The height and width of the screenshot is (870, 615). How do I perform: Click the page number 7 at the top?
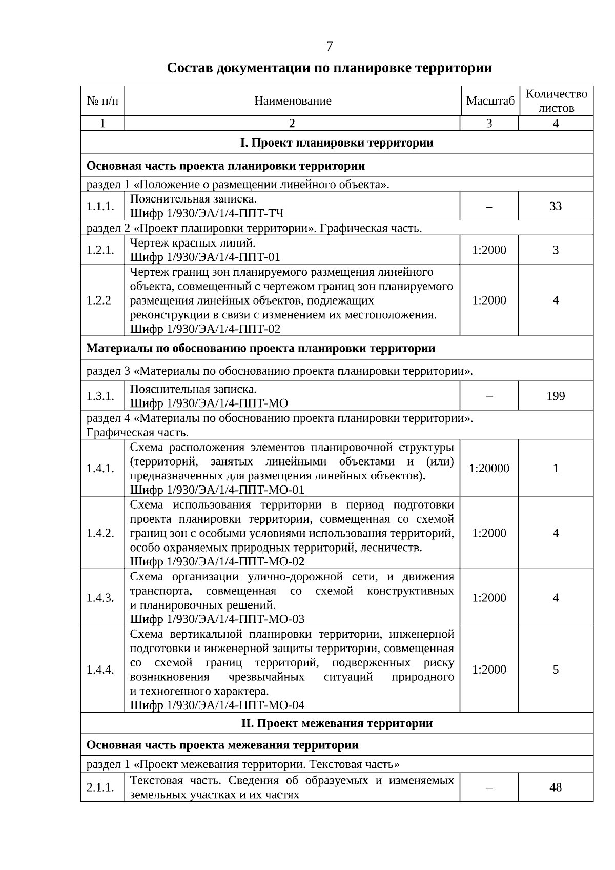(329, 46)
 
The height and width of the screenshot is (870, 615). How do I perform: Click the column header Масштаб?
(489, 101)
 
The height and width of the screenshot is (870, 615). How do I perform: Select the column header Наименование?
(293, 101)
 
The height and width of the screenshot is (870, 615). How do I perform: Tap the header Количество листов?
(556, 101)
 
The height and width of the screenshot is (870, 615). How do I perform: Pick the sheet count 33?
(556, 206)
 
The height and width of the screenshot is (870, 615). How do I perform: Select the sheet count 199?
(556, 396)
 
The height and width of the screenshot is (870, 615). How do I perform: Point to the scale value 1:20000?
(489, 468)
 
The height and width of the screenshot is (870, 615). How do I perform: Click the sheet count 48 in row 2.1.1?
(556, 787)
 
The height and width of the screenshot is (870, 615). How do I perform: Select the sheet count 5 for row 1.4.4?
(556, 670)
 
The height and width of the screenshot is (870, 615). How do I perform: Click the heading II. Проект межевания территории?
(337, 723)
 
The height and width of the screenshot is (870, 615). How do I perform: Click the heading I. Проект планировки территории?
(337, 143)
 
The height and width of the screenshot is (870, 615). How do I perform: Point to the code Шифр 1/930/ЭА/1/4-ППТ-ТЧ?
(207, 213)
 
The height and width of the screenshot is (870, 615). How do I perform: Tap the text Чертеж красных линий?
(192, 243)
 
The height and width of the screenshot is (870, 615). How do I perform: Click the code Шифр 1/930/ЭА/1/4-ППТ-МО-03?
(217, 619)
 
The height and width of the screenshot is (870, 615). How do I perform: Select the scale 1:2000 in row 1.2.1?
(489, 250)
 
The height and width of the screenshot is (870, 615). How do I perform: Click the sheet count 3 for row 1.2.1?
(556, 250)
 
